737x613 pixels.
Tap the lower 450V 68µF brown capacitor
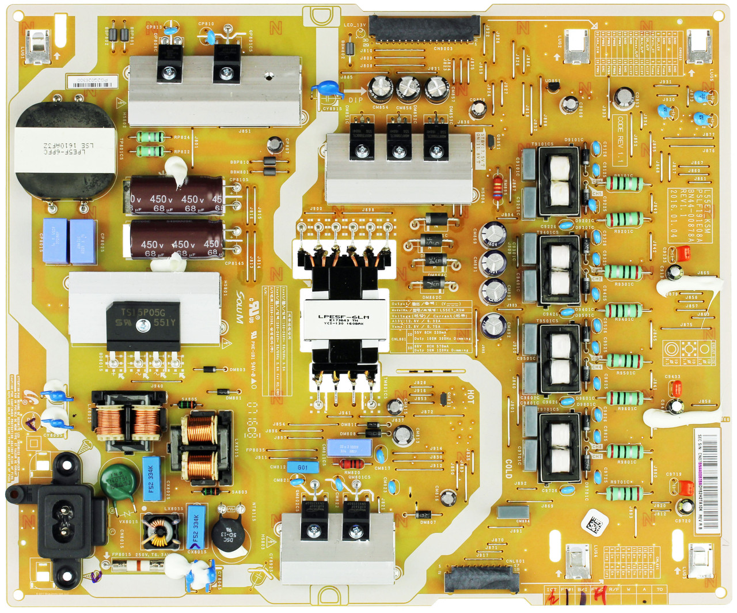(x=176, y=244)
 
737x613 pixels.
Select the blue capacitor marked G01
(x=303, y=467)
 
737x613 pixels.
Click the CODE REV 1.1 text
(x=620, y=139)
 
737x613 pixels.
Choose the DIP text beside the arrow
(x=356, y=100)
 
